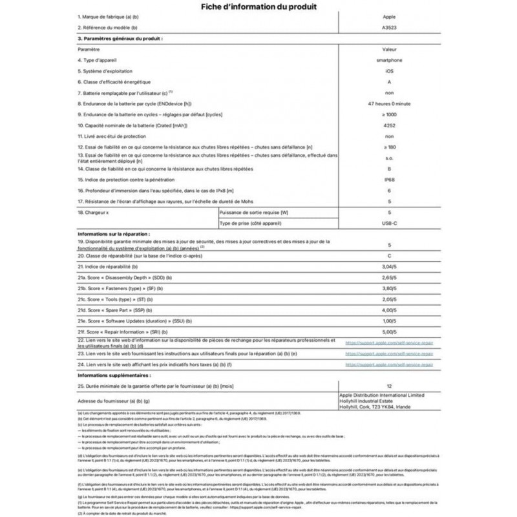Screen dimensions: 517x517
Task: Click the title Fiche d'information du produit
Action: point(258,8)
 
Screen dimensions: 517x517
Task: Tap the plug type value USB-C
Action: point(389,223)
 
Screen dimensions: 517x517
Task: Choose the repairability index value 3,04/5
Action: point(389,266)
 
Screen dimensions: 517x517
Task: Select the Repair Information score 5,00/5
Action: point(389,330)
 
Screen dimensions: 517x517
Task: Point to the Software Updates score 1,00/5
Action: point(389,321)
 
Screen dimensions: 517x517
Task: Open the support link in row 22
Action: point(389,343)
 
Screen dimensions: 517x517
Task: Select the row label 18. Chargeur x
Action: point(94,211)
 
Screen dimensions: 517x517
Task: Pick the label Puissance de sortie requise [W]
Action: point(255,211)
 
